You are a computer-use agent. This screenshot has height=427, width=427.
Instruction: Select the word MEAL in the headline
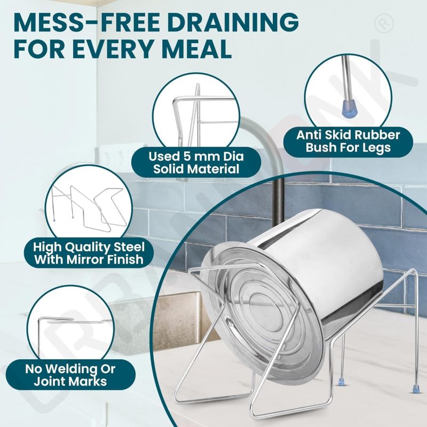[x=194, y=49]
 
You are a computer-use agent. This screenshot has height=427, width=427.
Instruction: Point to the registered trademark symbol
[x=384, y=23]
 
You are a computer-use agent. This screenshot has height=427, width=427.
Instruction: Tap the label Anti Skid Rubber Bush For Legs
[x=348, y=141]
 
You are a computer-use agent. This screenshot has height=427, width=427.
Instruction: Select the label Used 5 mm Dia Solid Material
[x=196, y=163]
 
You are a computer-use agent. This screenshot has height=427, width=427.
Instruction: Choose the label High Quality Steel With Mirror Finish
[x=89, y=253]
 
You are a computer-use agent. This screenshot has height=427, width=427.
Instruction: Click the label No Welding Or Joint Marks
[x=70, y=375]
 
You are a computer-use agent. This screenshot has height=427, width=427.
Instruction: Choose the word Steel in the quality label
[x=129, y=247]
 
